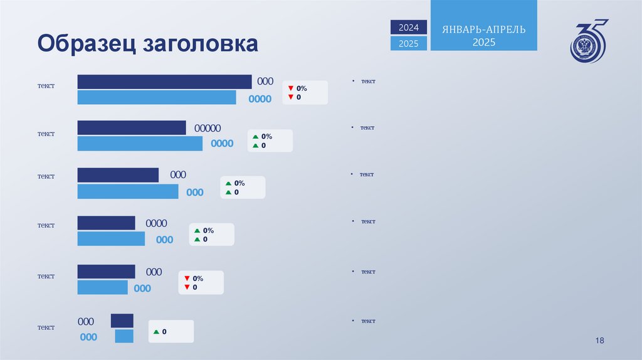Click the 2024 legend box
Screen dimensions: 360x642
coord(409,28)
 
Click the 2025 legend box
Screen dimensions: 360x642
coord(409,43)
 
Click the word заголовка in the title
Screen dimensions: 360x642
coord(201,43)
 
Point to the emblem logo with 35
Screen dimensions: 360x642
coord(589,41)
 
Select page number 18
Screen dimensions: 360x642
coord(599,340)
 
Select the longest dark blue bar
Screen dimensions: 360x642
coord(164,82)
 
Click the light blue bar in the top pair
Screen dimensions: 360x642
coord(157,97)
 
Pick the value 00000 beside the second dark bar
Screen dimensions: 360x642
coord(207,128)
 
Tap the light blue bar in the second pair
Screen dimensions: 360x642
coord(140,144)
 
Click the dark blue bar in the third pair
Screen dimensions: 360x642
coord(118,175)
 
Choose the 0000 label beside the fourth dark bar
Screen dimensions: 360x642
coord(156,223)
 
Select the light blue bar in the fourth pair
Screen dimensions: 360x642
coord(111,239)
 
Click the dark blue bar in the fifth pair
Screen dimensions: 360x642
coord(106,272)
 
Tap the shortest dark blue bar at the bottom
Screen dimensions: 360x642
coord(122,320)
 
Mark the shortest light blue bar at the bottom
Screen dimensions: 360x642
coord(124,336)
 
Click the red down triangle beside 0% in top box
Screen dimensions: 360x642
coord(291,88)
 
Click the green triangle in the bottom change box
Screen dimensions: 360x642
coord(156,332)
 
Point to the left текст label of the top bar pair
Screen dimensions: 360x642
coord(46,85)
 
